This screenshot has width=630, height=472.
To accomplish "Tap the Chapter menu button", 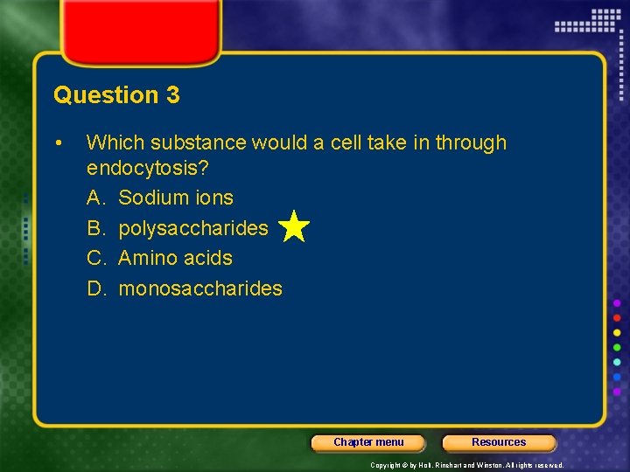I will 368,442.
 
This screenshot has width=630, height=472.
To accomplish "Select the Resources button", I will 499,442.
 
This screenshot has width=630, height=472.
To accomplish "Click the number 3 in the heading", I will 171,95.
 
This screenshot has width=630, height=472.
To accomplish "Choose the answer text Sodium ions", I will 176,198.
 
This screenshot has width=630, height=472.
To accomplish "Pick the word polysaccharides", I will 193,228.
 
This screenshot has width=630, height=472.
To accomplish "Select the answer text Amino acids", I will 175,258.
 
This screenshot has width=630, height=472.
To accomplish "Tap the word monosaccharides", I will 200,288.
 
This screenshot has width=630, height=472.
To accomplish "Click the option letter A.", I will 94,198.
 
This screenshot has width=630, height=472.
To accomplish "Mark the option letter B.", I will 94,228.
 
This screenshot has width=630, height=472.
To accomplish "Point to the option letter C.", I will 94,258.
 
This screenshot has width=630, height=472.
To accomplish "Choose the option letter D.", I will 94,288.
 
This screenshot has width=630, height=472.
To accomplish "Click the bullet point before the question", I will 57,142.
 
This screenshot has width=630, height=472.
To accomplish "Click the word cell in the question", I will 346,142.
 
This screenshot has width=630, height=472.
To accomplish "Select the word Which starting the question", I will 112,142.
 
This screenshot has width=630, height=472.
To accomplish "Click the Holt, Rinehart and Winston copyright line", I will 467,466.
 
